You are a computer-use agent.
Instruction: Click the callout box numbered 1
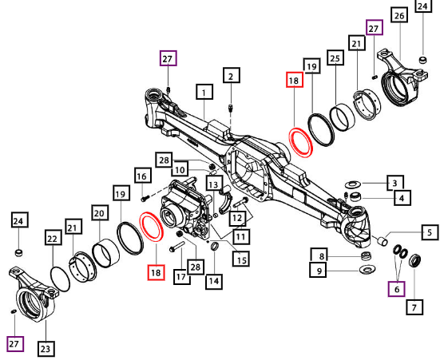(204, 92)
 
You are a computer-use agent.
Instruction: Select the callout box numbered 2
(232, 75)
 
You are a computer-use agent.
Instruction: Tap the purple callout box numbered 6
(397, 289)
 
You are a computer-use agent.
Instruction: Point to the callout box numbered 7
(414, 307)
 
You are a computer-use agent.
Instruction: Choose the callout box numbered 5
(430, 232)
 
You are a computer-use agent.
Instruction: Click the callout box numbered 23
(46, 349)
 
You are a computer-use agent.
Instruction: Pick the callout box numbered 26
(399, 14)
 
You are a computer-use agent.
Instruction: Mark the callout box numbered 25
(335, 57)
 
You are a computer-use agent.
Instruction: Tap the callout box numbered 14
(214, 282)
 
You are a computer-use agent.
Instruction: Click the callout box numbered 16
(143, 176)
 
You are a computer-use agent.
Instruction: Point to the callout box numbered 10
(180, 169)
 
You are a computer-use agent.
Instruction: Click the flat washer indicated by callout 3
(352, 184)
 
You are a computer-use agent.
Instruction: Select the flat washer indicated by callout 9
(367, 270)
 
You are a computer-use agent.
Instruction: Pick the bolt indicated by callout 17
(176, 246)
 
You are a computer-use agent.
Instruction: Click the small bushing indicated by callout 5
(382, 241)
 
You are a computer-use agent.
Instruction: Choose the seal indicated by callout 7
(415, 260)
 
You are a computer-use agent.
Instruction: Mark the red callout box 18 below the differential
(156, 272)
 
